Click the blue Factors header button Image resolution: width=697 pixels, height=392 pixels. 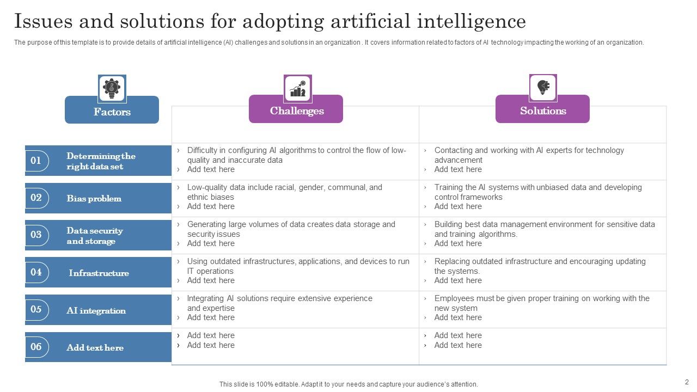click(112, 112)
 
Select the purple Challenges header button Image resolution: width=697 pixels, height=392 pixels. click(296, 111)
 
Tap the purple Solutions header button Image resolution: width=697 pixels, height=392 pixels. click(542, 111)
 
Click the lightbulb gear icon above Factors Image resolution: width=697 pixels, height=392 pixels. click(112, 88)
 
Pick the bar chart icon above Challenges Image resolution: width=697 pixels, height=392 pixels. click(297, 88)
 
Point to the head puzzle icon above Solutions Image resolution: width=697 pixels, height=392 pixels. click(543, 87)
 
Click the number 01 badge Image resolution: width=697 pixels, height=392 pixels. click(36, 161)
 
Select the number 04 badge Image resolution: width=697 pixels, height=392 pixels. click(36, 272)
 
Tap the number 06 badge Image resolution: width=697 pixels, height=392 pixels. click(36, 347)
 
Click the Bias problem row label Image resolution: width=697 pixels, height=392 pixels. click(94, 198)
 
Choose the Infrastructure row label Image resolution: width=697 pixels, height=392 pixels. click(99, 273)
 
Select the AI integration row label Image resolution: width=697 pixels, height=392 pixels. click(96, 310)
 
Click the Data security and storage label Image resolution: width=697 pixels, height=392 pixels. click(94, 236)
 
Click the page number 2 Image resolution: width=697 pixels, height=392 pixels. click(687, 382)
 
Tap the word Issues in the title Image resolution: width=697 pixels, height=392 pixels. click(44, 21)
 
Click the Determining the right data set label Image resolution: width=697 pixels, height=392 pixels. click(101, 161)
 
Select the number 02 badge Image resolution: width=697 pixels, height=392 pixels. click(36, 198)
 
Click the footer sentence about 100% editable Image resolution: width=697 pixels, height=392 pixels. click(348, 384)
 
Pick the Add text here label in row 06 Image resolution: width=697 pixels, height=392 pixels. click(95, 347)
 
